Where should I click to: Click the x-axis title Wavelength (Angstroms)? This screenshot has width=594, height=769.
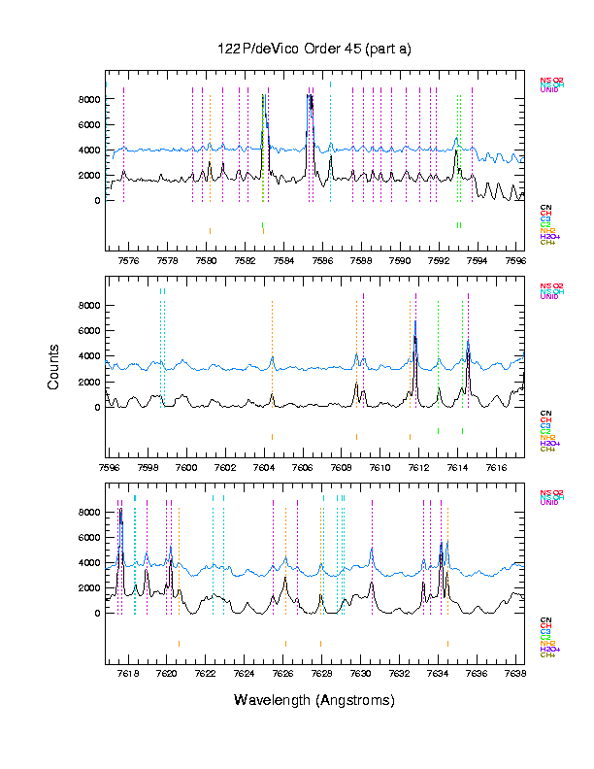click(x=313, y=700)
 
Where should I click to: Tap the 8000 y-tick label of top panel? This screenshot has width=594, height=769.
click(x=89, y=99)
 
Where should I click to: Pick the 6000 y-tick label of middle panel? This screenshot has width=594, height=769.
click(x=89, y=331)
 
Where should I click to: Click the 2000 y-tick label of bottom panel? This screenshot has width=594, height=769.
click(x=89, y=588)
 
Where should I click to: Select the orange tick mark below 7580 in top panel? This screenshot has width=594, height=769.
click(x=210, y=230)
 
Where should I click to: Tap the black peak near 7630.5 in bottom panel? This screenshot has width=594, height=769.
click(x=372, y=584)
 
